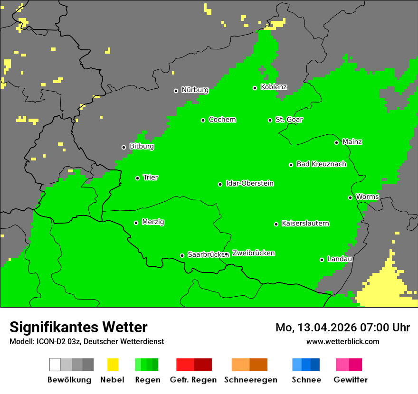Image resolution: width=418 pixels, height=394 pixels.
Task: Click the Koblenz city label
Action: (x=274, y=87)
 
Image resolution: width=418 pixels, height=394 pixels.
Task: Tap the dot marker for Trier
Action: (x=138, y=178)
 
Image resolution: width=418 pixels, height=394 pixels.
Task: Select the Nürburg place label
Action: (x=195, y=90)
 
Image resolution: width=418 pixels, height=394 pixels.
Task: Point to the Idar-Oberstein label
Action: (x=250, y=184)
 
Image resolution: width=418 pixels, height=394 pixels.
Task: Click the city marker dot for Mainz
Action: (x=336, y=142)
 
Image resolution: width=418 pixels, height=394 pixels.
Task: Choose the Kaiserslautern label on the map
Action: (x=305, y=224)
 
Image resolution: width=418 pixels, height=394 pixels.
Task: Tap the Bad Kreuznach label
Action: (x=321, y=164)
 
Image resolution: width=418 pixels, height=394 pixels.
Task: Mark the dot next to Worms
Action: (x=350, y=197)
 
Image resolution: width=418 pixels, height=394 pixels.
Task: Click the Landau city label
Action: (x=340, y=259)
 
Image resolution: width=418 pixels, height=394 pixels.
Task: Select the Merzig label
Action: (x=153, y=222)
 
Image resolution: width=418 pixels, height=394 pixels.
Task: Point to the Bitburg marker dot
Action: (x=123, y=147)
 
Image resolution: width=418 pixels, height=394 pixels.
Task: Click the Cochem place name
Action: (x=222, y=120)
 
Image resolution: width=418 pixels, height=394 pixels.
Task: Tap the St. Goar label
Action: (x=289, y=120)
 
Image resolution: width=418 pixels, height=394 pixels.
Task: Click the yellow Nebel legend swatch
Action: (x=113, y=365)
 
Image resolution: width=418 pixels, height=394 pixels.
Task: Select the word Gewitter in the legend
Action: (x=351, y=380)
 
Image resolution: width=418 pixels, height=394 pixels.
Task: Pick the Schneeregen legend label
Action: (x=250, y=380)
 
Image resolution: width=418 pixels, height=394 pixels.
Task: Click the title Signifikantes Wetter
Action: (x=78, y=327)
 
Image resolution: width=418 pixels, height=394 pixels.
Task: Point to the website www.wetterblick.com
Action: (x=342, y=341)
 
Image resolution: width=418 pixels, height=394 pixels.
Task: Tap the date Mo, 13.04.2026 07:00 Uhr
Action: (x=342, y=328)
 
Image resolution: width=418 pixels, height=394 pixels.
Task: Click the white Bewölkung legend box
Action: (x=55, y=365)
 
